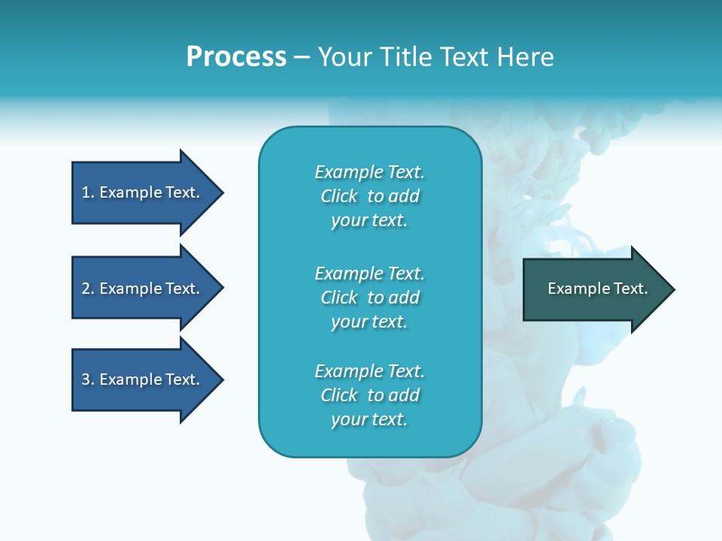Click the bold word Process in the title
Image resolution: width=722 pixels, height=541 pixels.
point(236,57)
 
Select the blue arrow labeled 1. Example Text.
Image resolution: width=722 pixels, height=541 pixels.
point(147,192)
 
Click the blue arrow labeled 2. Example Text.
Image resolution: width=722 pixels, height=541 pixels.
point(147,289)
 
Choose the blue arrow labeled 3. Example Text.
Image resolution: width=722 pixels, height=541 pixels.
point(147,379)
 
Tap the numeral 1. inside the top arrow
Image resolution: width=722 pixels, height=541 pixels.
point(88,192)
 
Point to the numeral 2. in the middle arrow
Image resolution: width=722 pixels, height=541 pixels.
point(88,289)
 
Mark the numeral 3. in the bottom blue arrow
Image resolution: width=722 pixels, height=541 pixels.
point(88,379)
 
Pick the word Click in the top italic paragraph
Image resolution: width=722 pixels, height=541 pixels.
point(339,196)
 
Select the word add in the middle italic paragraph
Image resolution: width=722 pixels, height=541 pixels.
point(405,298)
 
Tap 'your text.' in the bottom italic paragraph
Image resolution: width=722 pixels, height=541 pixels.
point(369,419)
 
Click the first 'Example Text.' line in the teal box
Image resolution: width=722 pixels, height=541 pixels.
point(369,172)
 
